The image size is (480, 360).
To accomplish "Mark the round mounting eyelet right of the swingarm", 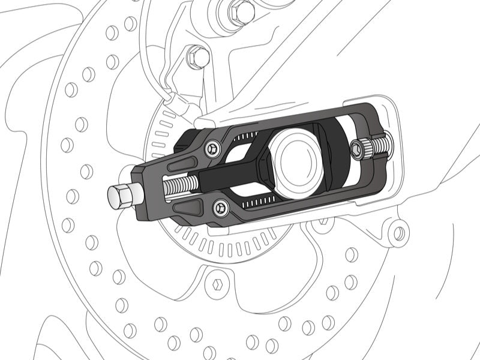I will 397,230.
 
